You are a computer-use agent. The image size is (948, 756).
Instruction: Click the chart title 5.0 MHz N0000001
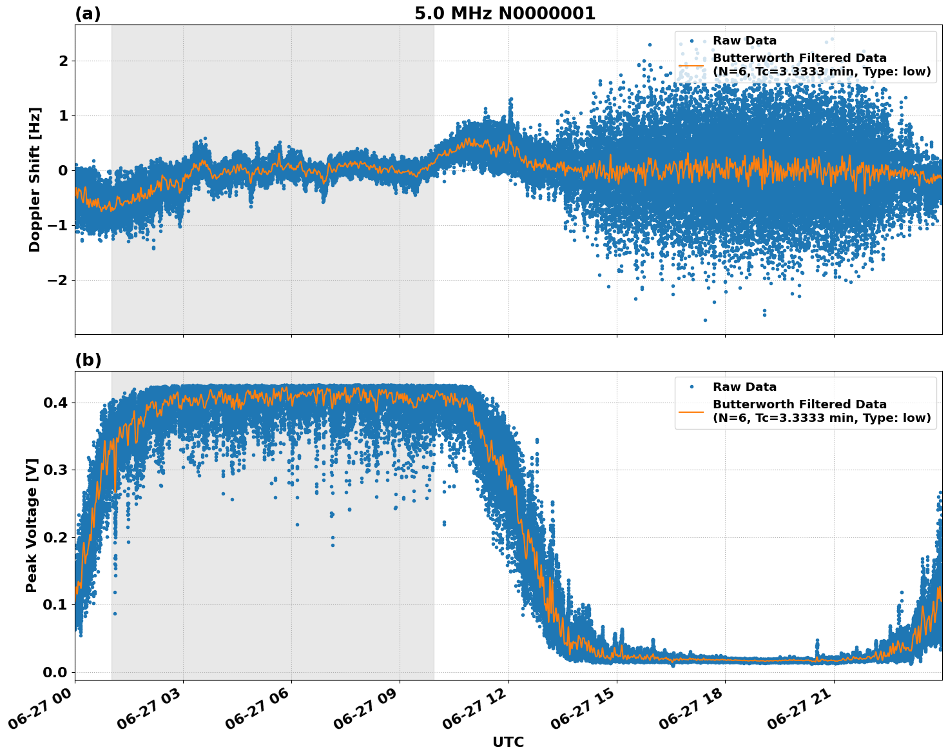[x=505, y=14]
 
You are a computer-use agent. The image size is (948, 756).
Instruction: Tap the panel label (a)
[x=88, y=14]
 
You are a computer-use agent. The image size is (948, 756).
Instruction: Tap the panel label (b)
[x=88, y=360]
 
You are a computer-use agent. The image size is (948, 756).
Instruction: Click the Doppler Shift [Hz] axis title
[x=35, y=179]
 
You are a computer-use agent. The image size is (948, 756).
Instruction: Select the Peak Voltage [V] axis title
[x=32, y=525]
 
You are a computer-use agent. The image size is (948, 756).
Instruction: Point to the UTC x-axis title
[x=508, y=742]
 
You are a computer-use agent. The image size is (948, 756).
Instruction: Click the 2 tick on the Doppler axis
[x=63, y=61]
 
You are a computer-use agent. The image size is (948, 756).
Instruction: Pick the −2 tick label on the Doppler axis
[x=57, y=280]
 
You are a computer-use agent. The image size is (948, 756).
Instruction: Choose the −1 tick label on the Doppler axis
[x=57, y=225]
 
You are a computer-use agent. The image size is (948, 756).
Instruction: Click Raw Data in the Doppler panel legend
[x=744, y=41]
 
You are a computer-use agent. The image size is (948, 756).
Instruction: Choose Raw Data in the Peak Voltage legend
[x=744, y=387]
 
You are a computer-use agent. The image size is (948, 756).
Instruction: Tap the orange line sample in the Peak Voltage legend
[x=692, y=411]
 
